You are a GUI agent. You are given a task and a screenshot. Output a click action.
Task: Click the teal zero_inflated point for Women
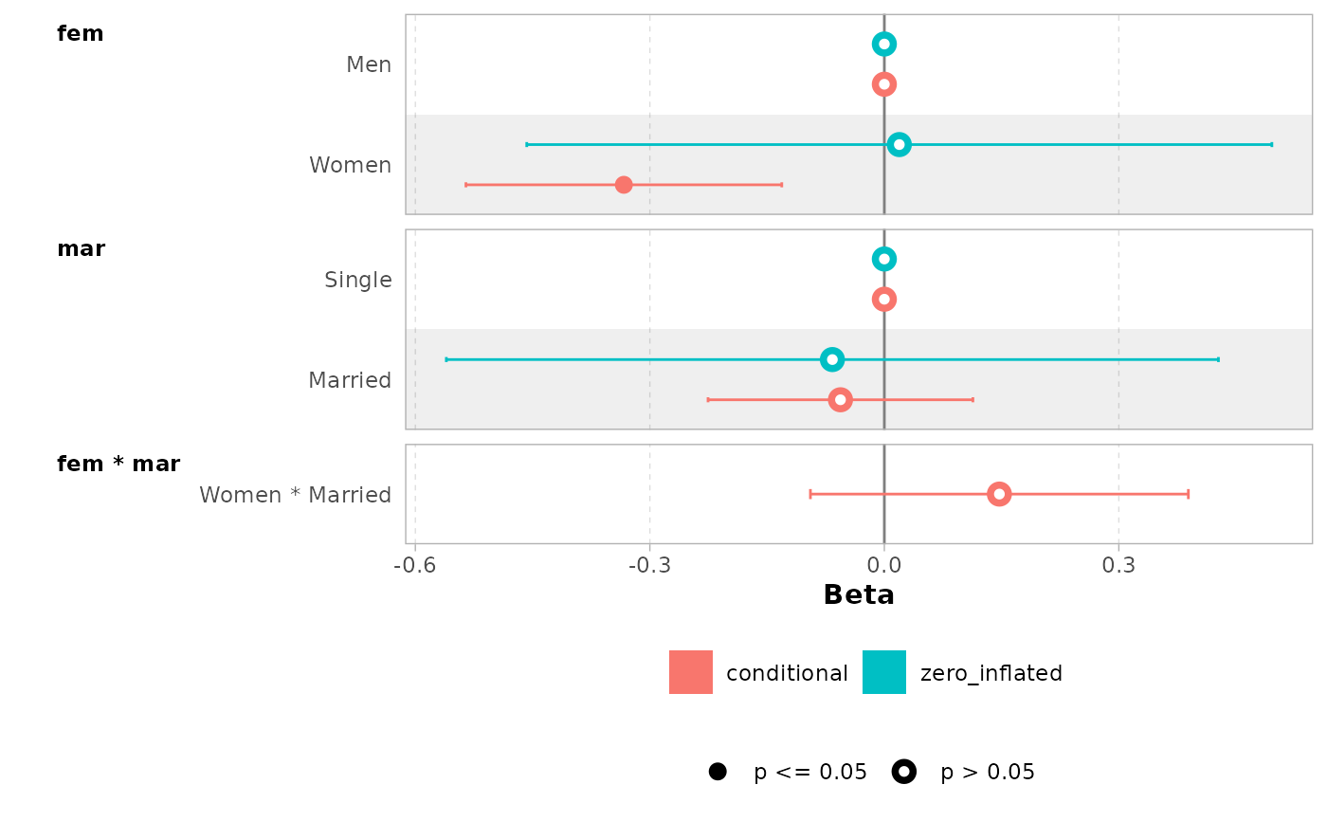click(900, 144)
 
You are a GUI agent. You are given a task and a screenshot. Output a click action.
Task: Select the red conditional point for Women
click(624, 184)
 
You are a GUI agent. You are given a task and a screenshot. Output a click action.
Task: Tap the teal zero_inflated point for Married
click(832, 359)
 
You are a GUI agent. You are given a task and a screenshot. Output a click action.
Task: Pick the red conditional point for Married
click(840, 399)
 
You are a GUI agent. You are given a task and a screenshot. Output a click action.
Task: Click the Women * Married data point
click(999, 494)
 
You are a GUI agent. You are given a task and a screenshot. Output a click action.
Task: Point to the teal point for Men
click(884, 44)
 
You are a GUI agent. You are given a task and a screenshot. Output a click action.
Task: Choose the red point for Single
click(884, 299)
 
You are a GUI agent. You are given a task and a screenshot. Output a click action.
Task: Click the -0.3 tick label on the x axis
click(649, 568)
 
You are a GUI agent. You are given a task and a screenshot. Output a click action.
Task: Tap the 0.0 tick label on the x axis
click(884, 568)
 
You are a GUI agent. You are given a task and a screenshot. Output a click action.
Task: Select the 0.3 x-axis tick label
click(1118, 568)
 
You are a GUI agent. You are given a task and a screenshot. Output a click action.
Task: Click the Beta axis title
click(859, 595)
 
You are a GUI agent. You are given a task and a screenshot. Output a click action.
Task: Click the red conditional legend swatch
click(691, 672)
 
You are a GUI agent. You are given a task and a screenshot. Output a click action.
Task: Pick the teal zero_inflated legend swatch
click(884, 672)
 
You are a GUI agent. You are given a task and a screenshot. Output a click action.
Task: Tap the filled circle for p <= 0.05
click(718, 772)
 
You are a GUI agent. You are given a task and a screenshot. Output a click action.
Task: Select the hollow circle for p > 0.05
click(904, 772)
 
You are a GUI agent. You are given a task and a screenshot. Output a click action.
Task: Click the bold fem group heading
click(81, 34)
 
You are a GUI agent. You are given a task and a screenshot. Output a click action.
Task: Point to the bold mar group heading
click(82, 249)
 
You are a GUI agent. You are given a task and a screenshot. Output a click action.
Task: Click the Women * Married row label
click(295, 495)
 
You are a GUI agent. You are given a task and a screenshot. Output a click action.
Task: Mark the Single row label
click(357, 280)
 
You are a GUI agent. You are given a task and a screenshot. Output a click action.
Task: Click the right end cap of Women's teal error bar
click(1271, 144)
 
